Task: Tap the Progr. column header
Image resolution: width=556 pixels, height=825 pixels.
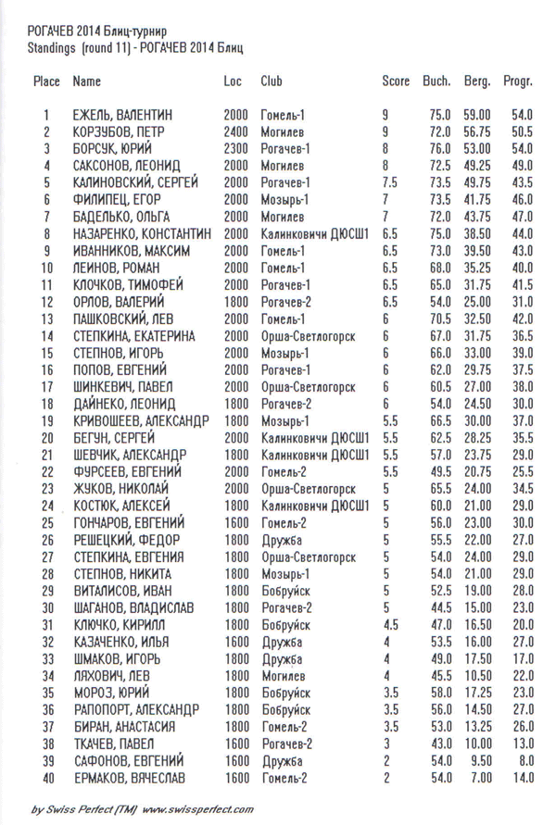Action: pyautogui.click(x=517, y=81)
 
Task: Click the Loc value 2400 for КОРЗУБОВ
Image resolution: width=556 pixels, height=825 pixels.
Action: pyautogui.click(x=235, y=132)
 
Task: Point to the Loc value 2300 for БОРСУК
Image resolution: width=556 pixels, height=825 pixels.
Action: pyautogui.click(x=235, y=149)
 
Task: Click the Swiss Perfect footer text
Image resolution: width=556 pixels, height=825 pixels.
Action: pyautogui.click(x=142, y=808)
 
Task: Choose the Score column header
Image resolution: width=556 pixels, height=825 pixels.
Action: pyautogui.click(x=396, y=81)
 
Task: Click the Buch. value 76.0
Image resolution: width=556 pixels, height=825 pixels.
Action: pyautogui.click(x=439, y=149)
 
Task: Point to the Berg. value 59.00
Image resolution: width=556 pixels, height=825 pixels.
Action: pyautogui.click(x=476, y=116)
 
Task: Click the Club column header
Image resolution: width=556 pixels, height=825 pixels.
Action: pyautogui.click(x=272, y=81)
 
